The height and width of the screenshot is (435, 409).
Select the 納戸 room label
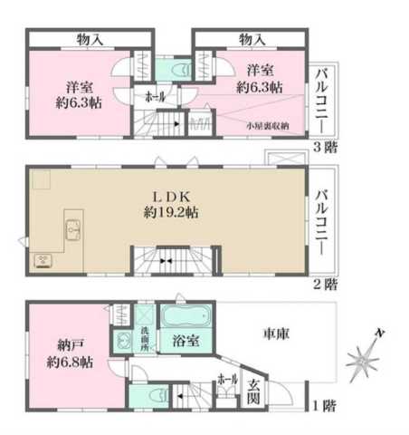point(68,345)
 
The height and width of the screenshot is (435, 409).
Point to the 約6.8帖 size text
point(70,362)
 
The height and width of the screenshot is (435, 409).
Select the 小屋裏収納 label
point(268,128)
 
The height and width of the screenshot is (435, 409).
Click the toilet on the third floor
point(176,69)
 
